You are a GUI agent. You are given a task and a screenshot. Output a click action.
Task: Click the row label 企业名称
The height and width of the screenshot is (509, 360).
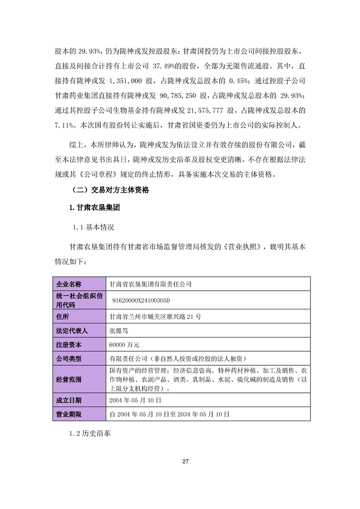tap(68, 284)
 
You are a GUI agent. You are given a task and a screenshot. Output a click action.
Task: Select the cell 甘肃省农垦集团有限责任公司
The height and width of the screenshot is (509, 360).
tap(151, 284)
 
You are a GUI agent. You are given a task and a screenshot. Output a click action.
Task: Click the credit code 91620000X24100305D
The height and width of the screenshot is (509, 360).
tap(143, 301)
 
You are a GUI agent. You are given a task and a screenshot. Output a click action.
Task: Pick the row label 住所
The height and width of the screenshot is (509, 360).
tap(62, 317)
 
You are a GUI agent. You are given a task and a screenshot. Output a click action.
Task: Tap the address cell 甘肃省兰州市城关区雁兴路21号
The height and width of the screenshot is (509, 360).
tap(155, 317)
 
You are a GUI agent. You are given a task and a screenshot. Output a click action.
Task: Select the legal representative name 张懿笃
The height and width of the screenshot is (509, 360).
tap(119, 331)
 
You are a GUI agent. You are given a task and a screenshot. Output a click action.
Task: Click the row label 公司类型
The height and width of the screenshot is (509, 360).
tap(68, 358)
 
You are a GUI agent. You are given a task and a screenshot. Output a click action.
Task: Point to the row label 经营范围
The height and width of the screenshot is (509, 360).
tap(68, 380)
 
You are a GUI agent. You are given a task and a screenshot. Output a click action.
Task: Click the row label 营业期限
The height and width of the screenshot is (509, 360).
tap(68, 414)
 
